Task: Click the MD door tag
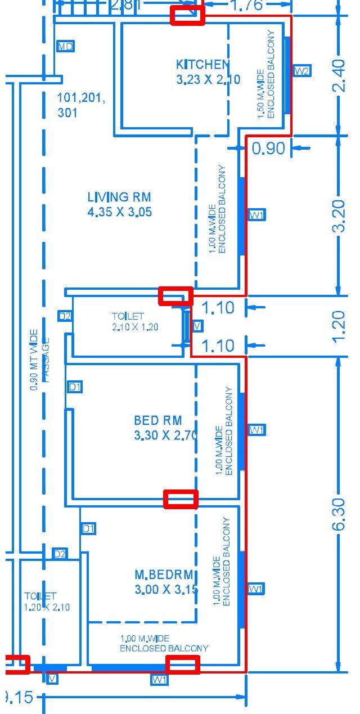coord(66,46)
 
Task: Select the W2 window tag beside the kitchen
coord(302,71)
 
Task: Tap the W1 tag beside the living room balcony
coord(257,215)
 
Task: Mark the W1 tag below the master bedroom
coord(160,680)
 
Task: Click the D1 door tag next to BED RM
coord(75,387)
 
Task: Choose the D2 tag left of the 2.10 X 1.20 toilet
coord(65,316)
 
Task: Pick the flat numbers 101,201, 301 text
coord(81,105)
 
